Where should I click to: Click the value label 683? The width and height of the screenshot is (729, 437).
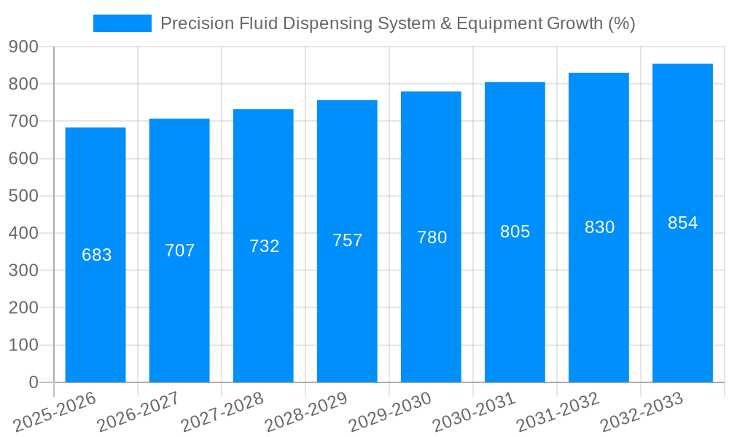pos(96,255)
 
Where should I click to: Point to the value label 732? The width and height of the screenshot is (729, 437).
pos(264,246)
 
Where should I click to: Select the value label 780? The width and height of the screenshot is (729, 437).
pos(432,237)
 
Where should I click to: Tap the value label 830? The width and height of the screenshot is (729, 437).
pos(599,227)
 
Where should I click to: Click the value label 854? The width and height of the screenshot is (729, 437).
pos(682,223)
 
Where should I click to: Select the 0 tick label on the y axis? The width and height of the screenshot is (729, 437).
pos(33,382)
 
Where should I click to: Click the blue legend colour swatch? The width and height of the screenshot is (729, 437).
pos(122,23)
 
